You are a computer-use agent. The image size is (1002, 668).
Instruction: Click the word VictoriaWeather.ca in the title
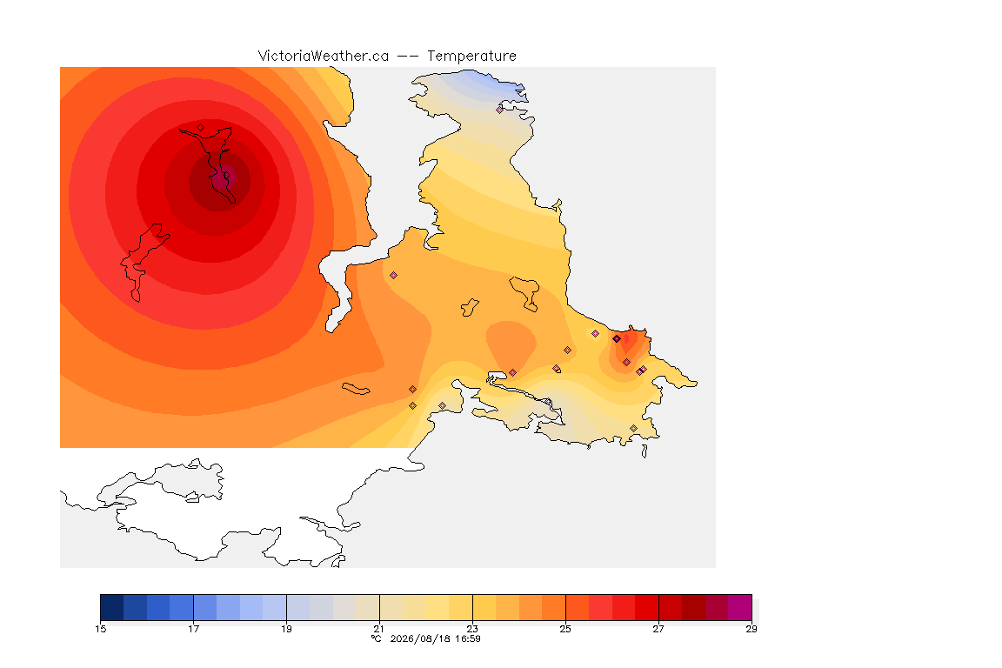324,57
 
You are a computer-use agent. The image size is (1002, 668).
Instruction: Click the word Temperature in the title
471,57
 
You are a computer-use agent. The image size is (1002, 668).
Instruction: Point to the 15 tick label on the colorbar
100,629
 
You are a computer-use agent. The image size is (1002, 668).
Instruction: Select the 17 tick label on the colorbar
194,629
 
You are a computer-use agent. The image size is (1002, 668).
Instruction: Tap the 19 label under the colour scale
286,629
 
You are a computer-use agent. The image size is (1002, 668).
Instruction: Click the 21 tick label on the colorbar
379,629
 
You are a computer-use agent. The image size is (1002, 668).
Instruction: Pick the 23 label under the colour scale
472,629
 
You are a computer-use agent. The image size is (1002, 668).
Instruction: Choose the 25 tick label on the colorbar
565,629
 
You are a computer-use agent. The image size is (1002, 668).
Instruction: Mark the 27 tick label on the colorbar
658,629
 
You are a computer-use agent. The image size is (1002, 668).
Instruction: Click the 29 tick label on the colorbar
751,629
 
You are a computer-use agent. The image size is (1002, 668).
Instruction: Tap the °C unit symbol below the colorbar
377,638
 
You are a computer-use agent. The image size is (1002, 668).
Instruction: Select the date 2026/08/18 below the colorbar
417,638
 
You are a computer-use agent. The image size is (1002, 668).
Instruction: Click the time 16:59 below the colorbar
468,638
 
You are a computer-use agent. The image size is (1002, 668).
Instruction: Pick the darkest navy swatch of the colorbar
112,607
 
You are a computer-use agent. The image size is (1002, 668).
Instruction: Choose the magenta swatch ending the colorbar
740,607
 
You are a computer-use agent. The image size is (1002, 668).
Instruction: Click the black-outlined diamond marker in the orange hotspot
617,339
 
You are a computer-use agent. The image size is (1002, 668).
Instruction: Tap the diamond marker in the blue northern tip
500,110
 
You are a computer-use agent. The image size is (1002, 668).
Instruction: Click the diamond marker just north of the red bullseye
201,128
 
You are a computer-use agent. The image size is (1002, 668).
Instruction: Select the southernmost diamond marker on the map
633,428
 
